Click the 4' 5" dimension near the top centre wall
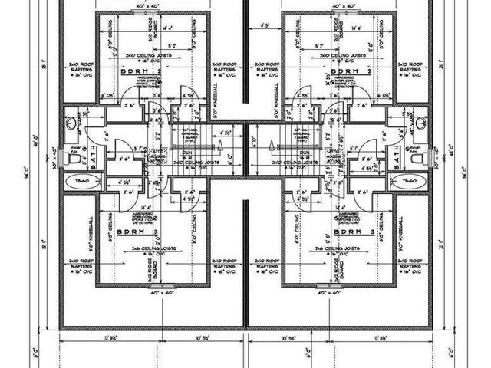pos(264,26)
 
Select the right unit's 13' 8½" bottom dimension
pos(381,337)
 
